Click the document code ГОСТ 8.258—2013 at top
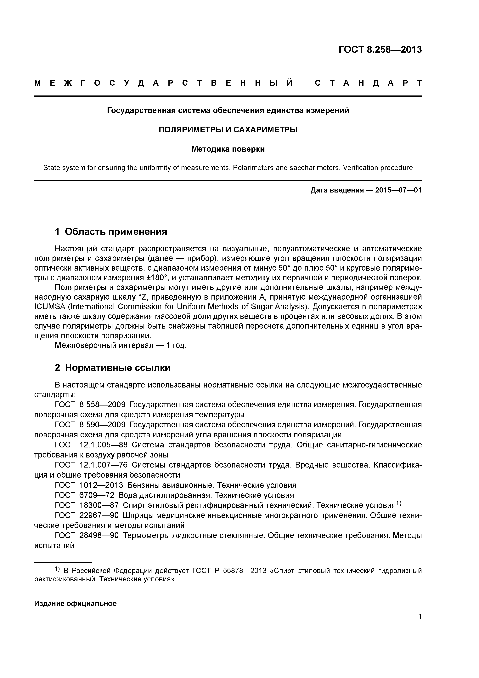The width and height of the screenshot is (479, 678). click(380, 50)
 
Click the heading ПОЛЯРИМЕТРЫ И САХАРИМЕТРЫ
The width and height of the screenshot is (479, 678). click(228, 130)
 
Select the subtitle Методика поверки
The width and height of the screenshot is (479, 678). click(228, 149)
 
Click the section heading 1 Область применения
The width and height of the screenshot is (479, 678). click(111, 232)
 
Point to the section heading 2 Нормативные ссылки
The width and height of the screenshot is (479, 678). click(113, 368)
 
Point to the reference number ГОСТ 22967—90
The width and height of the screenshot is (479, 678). click(87, 515)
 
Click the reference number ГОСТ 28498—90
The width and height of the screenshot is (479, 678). click(87, 535)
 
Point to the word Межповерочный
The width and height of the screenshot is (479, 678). click(85, 345)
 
